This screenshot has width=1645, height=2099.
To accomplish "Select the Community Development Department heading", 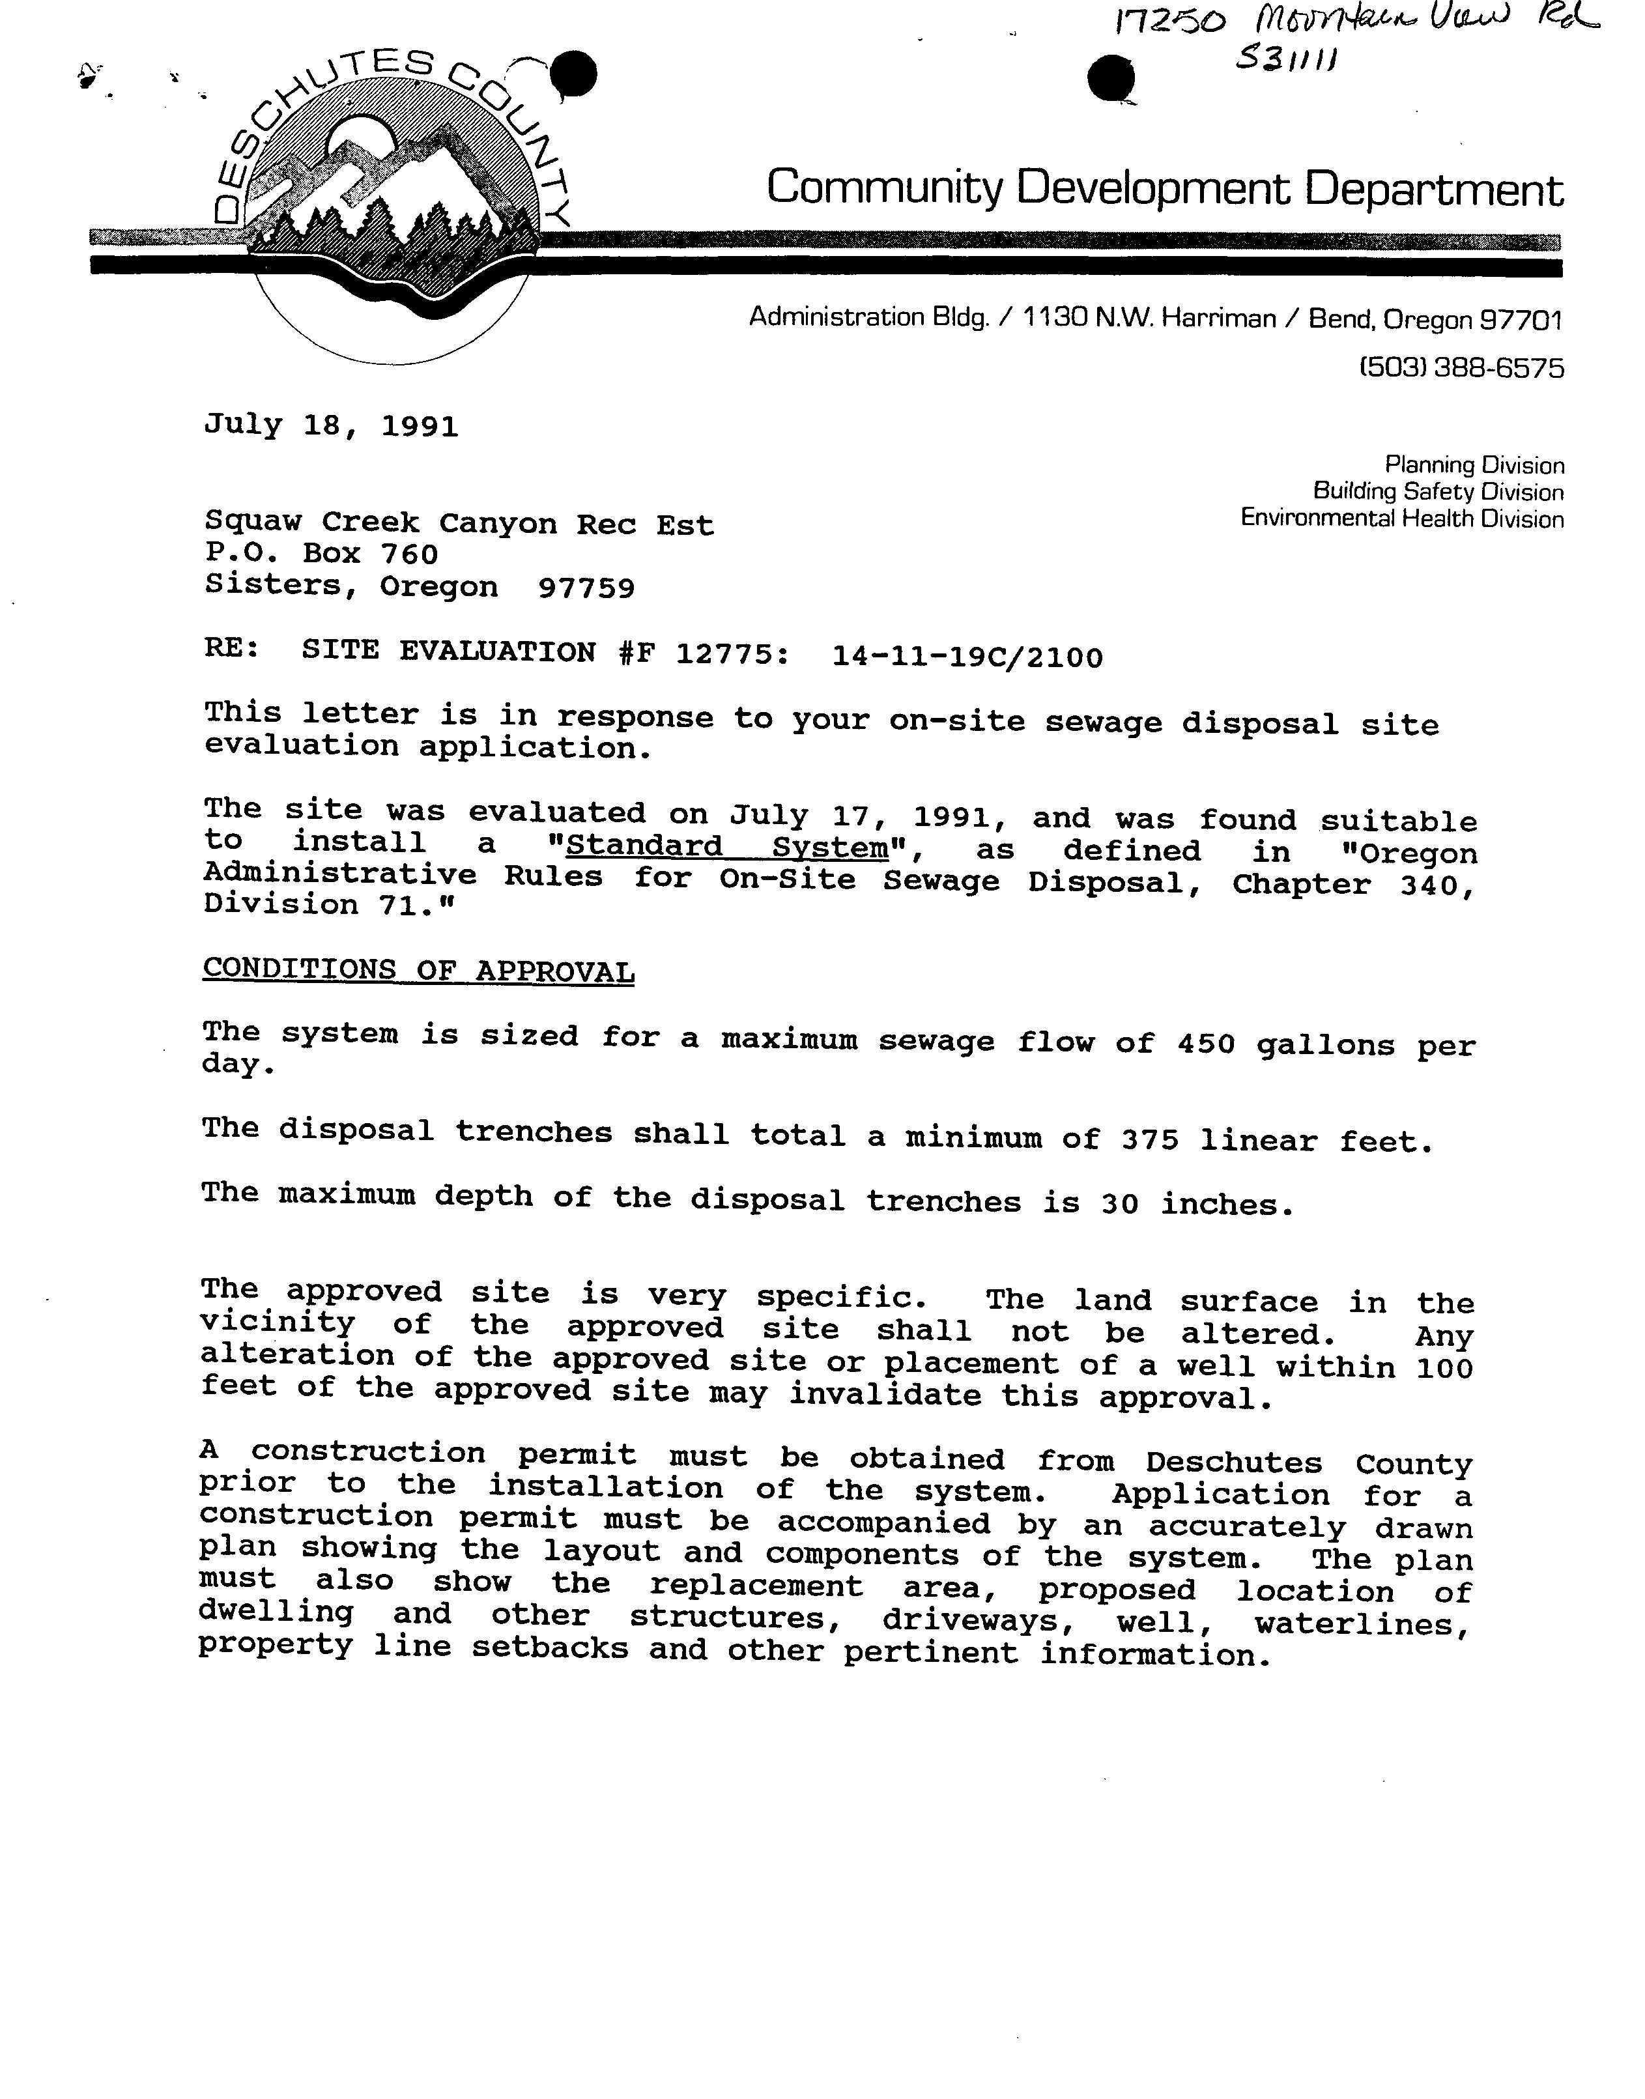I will click(1164, 187).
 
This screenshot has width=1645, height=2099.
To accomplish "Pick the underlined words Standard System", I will click(727, 848).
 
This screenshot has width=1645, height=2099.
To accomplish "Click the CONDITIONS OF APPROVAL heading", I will click(418, 971).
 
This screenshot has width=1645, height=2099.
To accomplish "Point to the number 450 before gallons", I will click(1205, 1043).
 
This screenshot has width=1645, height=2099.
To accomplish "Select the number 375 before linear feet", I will click(1150, 1140).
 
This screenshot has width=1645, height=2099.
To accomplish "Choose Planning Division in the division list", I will click(1474, 465).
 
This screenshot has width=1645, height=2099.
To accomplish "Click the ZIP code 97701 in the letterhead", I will click(1521, 320).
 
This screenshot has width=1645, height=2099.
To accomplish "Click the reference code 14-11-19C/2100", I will click(967, 657).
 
